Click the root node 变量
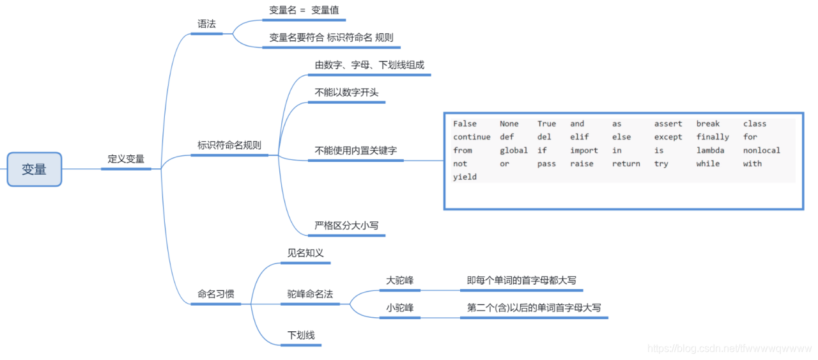click(34, 169)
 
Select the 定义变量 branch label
click(126, 159)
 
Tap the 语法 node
click(206, 24)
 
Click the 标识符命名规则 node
click(229, 145)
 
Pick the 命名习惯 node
click(215, 294)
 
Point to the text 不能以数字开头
click(346, 92)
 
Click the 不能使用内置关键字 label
click(355, 151)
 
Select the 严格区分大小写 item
click(346, 225)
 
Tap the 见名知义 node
click(305, 253)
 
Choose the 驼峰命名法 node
click(310, 294)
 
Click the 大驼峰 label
click(400, 280)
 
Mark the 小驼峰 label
click(400, 308)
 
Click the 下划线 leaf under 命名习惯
click(301, 335)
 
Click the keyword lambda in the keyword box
click(710, 150)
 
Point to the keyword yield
click(465, 177)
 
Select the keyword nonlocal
click(761, 150)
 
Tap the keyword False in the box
click(465, 123)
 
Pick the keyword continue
click(472, 137)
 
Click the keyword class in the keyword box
click(754, 123)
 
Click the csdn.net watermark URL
click(729, 348)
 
